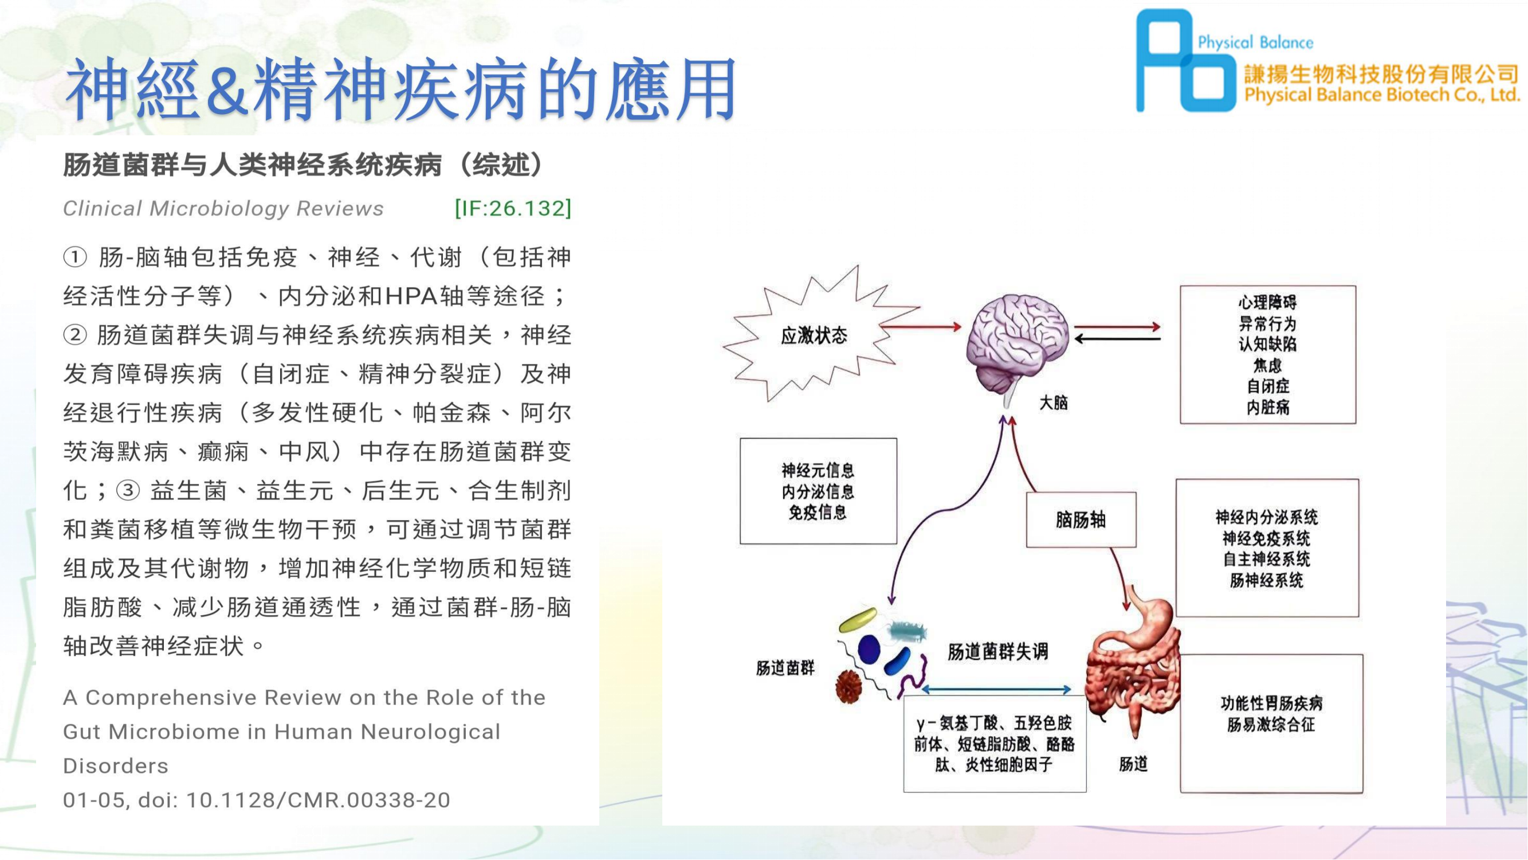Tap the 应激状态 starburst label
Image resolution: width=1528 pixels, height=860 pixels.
814,336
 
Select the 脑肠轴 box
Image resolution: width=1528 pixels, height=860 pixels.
1081,520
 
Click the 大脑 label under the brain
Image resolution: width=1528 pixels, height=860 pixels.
1054,403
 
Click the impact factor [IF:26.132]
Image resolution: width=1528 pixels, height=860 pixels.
513,208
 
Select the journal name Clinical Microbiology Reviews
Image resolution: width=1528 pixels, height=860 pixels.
223,208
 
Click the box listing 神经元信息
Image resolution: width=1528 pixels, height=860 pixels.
818,491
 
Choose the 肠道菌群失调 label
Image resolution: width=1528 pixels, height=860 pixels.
997,652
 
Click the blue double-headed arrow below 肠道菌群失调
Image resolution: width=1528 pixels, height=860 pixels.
996,690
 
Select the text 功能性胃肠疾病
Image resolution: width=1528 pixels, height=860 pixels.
1271,704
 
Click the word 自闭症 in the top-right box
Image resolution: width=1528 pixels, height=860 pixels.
1267,386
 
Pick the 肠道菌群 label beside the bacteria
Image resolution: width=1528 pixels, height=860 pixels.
785,669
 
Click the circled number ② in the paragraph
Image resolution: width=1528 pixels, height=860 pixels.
75,335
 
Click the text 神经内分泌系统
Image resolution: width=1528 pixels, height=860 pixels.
1266,518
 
